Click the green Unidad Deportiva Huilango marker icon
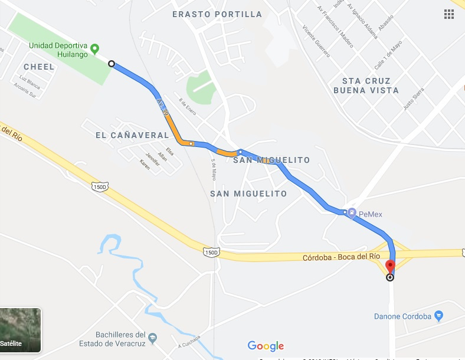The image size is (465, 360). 94,47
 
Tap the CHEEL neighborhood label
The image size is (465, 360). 39,67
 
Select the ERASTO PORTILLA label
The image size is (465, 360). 217,14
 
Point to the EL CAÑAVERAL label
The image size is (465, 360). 132,135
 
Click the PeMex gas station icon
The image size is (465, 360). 352,212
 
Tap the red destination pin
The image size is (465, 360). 389,266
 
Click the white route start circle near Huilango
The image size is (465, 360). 111,64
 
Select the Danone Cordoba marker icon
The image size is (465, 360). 438,316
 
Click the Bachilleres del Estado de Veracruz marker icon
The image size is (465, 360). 153,338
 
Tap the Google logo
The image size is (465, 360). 266,346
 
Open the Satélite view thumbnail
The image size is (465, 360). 20,330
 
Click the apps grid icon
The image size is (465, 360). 449,14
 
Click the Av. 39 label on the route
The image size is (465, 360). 162,106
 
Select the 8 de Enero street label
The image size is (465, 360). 188,107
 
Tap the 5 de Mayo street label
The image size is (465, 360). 214,172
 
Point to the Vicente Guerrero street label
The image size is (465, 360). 316,41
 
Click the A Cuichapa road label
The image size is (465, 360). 189,342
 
